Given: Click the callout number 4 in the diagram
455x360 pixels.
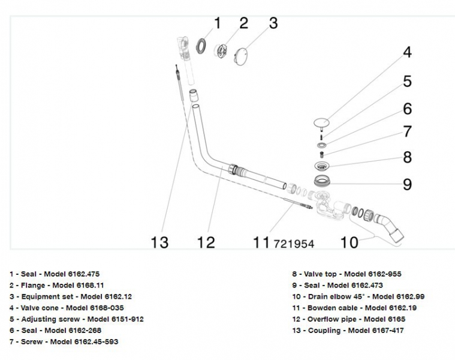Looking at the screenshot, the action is (408, 52).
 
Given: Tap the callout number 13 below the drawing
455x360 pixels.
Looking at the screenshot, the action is (159, 242).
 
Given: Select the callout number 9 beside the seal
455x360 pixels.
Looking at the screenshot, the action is (408, 184).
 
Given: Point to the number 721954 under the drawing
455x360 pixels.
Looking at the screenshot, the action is (294, 244).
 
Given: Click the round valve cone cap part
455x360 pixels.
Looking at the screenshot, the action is (321, 123).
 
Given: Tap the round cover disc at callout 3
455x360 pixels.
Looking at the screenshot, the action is (240, 56).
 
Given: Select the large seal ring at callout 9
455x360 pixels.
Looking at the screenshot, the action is (322, 181).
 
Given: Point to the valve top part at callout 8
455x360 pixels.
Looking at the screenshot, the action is (322, 166).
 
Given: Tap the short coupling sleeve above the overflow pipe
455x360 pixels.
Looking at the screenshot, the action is (194, 95).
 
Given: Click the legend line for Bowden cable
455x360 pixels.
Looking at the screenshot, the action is (354, 308).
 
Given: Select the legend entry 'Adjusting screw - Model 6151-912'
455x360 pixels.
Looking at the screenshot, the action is (77, 319).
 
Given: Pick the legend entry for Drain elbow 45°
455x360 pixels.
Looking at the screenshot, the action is (358, 296).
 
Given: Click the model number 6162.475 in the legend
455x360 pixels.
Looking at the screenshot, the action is (83, 274).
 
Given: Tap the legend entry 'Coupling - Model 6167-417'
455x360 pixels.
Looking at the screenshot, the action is (348, 331).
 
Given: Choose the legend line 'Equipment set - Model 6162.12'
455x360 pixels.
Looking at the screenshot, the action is (71, 296).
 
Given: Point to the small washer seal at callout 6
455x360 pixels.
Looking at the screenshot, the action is (321, 145).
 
